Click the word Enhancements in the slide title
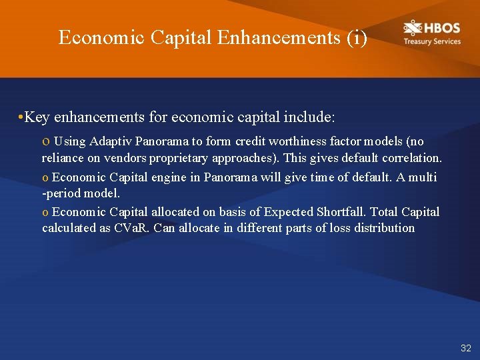(279, 37)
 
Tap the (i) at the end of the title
(357, 37)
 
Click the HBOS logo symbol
(413, 28)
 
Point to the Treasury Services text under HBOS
(431, 41)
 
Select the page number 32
(465, 348)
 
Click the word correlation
(415, 159)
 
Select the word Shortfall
(341, 212)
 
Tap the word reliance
(62, 159)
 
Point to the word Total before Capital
(384, 212)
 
